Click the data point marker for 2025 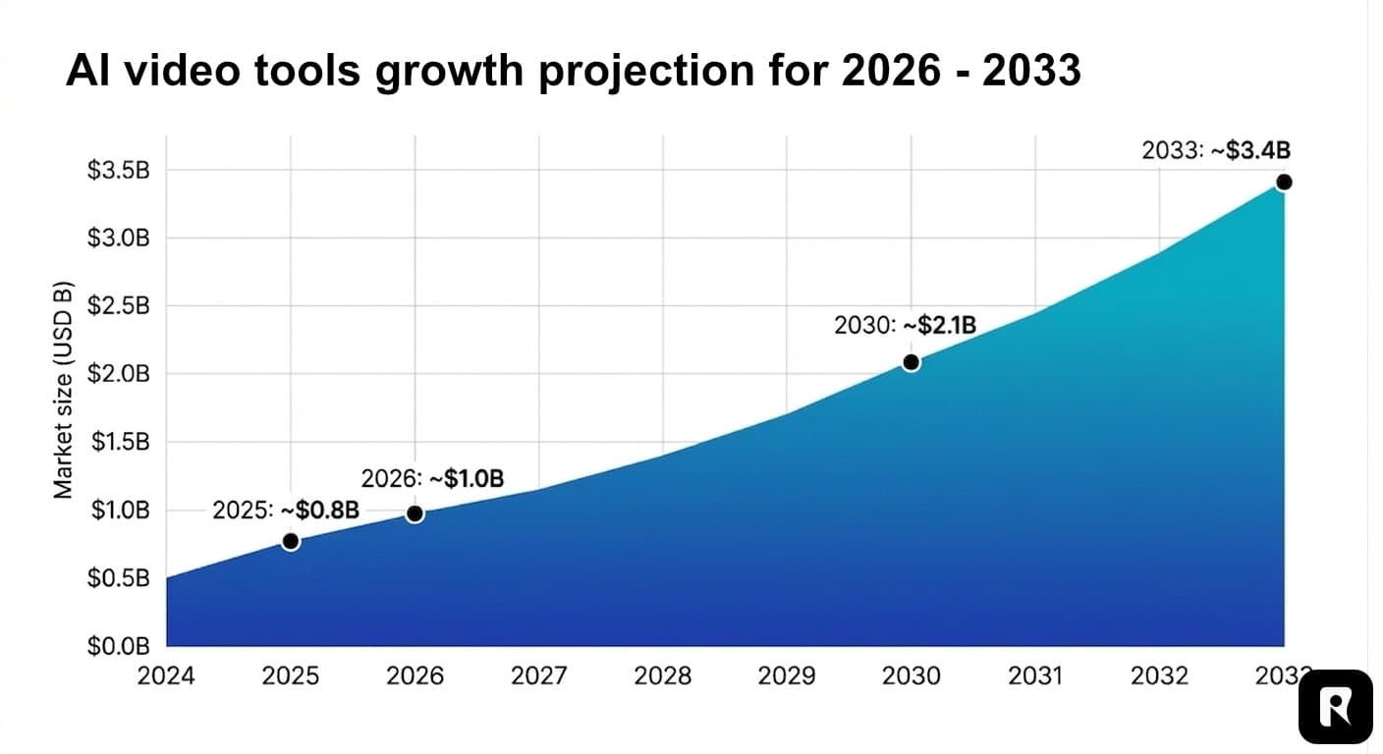point(291,541)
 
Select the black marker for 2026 point(415,513)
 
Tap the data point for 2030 point(911,362)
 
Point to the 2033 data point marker point(1283,183)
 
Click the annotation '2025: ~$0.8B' point(286,511)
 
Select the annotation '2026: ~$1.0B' point(432,479)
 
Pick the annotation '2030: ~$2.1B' point(905,326)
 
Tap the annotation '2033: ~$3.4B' point(1215,150)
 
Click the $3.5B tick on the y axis point(119,171)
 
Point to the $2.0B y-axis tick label point(119,374)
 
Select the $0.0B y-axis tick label point(119,646)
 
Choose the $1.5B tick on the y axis point(119,442)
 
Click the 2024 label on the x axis point(167,676)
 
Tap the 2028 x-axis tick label point(663,676)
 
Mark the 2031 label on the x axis point(1035,676)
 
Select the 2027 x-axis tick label point(539,676)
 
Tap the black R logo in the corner point(1335,707)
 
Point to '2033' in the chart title point(1030,71)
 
